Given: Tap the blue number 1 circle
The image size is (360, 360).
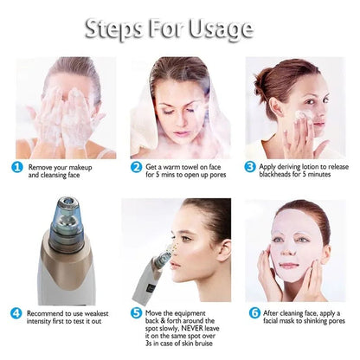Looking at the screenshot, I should [x=17, y=167].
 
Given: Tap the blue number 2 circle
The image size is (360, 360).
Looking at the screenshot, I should [x=136, y=167].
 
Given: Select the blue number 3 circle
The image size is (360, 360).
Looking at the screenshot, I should [x=250, y=167].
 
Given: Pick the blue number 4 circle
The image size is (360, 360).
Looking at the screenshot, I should [x=17, y=312].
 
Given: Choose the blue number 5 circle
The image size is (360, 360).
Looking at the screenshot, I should [x=136, y=312].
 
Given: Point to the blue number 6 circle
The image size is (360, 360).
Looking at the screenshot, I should [x=254, y=312].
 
